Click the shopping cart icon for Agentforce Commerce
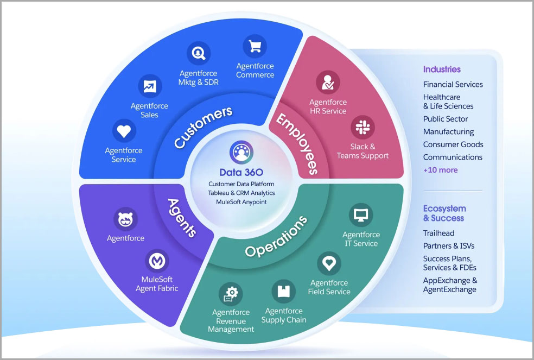click(255, 47)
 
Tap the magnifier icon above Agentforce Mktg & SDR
click(198, 53)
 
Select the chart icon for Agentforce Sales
click(150, 86)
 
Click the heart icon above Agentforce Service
click(124, 131)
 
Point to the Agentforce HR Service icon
click(328, 82)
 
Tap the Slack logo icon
click(362, 127)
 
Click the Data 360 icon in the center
click(241, 152)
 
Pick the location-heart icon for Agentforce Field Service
click(329, 264)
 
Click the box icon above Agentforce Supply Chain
click(283, 292)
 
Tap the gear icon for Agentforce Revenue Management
click(231, 294)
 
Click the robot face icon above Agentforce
click(125, 220)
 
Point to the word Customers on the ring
click(203, 127)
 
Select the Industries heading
click(442, 70)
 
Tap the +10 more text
click(440, 170)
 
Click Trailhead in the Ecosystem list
click(438, 233)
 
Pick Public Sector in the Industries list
click(445, 119)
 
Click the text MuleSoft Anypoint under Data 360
click(241, 202)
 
